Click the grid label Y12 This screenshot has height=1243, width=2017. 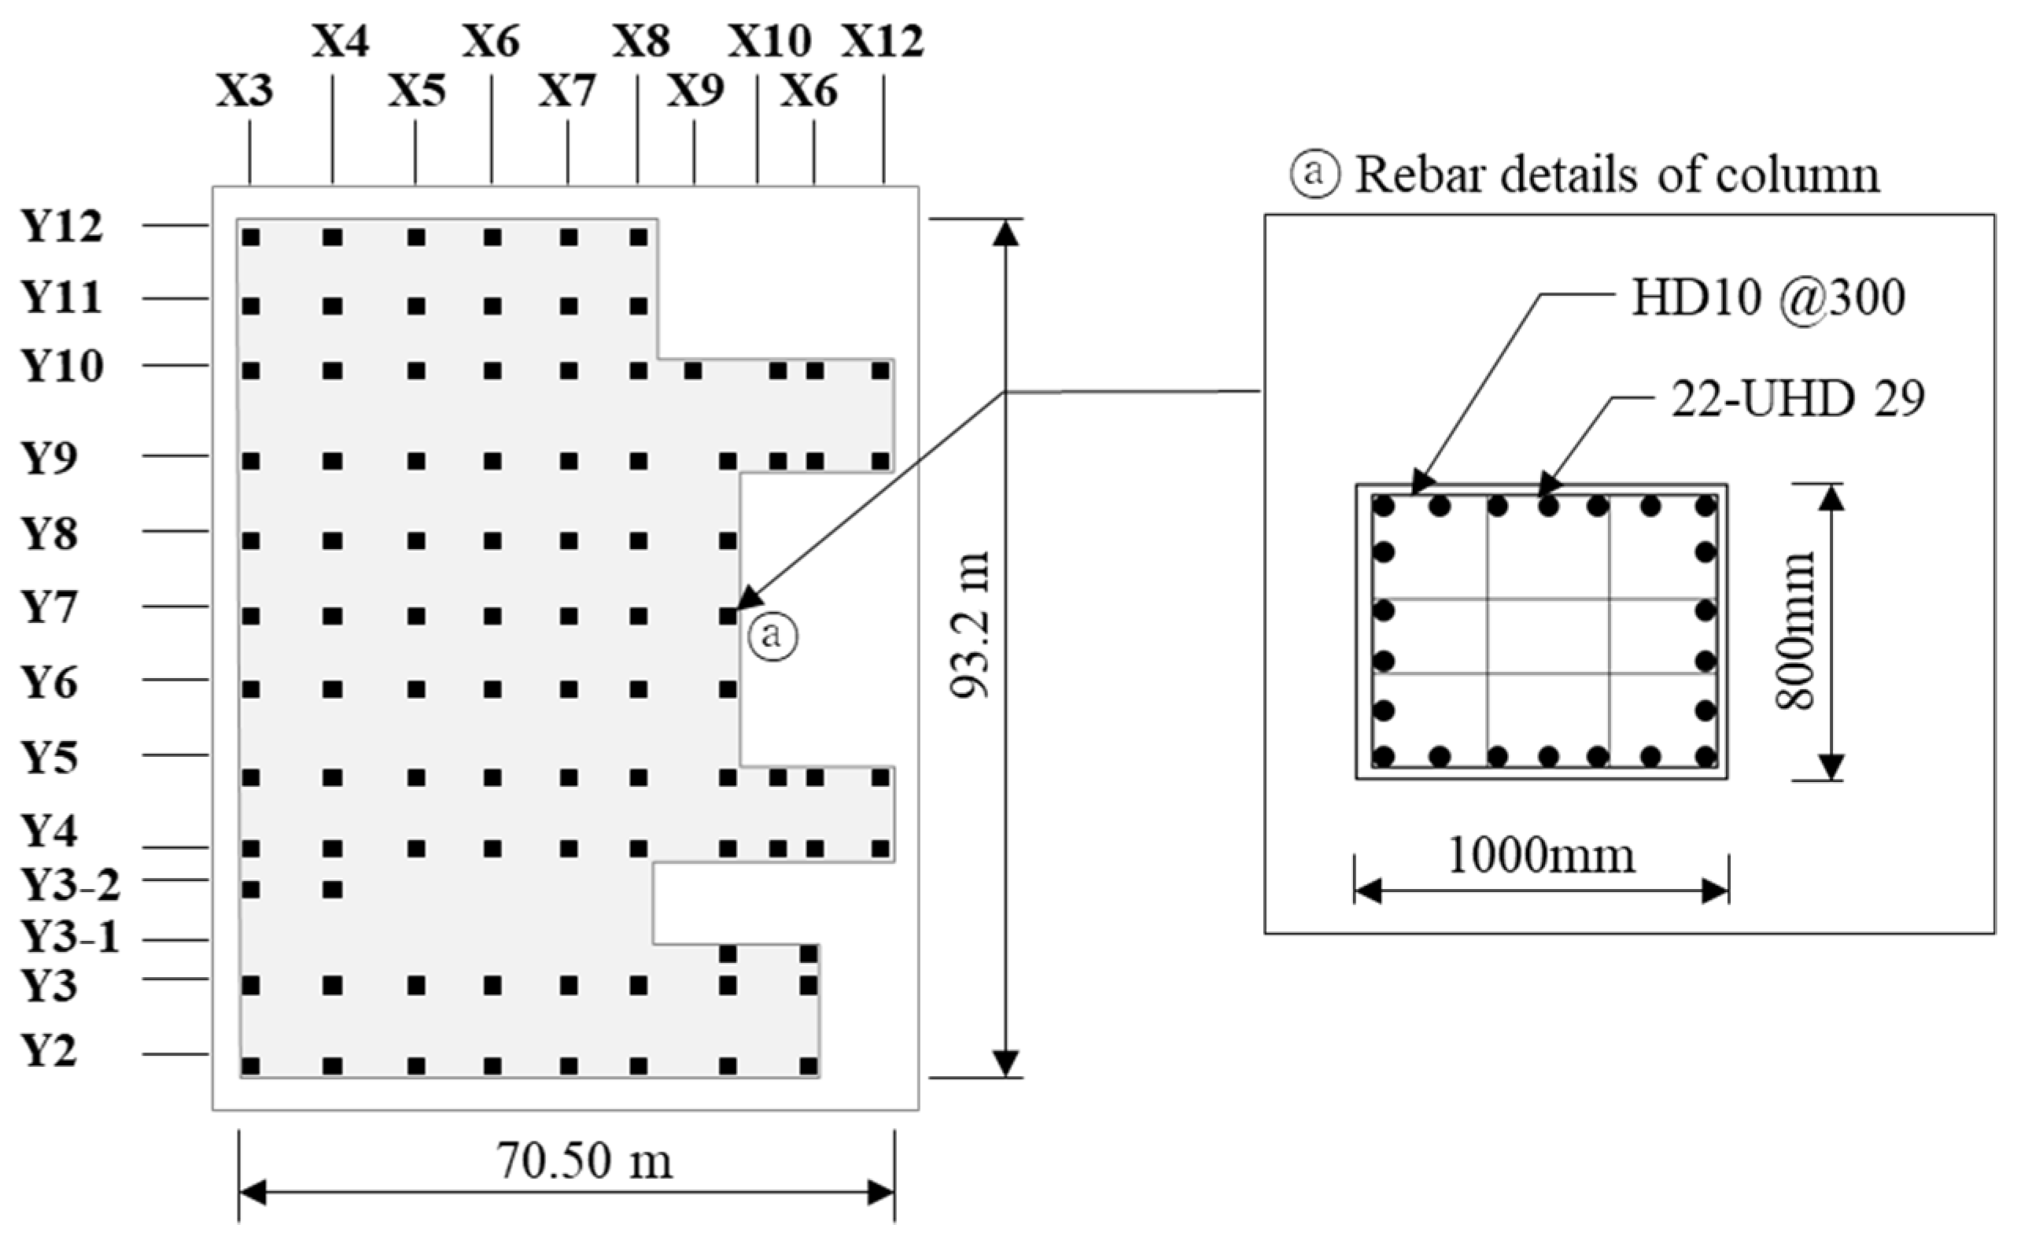(62, 227)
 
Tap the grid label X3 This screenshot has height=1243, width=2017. (244, 90)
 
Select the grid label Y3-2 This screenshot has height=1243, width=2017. (71, 885)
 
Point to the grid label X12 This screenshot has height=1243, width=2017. (882, 41)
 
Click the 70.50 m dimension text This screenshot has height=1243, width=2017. (584, 1162)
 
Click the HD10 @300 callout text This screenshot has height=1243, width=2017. (1768, 297)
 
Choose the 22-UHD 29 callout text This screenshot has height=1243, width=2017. (1798, 400)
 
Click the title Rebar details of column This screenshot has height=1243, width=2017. (1617, 175)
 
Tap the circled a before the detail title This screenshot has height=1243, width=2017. (1315, 175)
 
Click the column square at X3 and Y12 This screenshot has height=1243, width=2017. (251, 238)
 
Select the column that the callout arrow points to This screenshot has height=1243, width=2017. (728, 615)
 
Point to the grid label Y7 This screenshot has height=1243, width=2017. (50, 608)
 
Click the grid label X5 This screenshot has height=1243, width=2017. (417, 90)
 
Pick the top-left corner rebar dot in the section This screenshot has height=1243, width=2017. (1384, 507)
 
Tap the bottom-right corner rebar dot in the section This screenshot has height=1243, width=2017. (1705, 755)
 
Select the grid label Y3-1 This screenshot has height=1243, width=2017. (71, 937)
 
